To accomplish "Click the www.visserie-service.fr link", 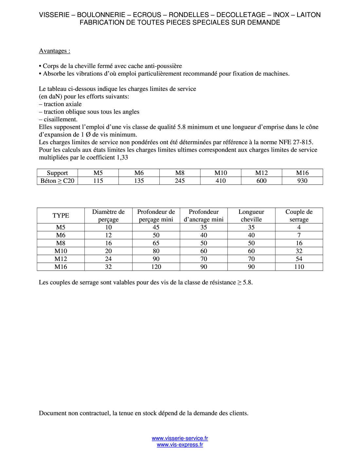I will tap(180, 438).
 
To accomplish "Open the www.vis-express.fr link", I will tap(180, 445).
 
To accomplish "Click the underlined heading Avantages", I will tap(54, 51).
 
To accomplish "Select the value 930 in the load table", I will tap(302, 181).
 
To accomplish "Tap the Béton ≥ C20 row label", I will tap(57, 181).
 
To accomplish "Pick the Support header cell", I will tap(57, 173).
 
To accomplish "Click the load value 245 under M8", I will tap(180, 181).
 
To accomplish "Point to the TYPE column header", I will tap(61, 215).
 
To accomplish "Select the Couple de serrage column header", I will tap(299, 215).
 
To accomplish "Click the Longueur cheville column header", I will tap(251, 215).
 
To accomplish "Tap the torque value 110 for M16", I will tap(299, 267).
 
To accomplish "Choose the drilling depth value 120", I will tap(156, 267).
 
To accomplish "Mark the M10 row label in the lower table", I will tap(61, 251).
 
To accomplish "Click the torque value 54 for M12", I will tap(299, 259).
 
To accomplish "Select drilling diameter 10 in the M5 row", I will tap(108, 227).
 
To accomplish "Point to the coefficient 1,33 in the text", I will tap(122, 158).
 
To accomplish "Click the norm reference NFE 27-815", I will tap(296, 142).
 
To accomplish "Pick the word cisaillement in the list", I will tap(60, 119).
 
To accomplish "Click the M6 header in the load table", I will tap(139, 173).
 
